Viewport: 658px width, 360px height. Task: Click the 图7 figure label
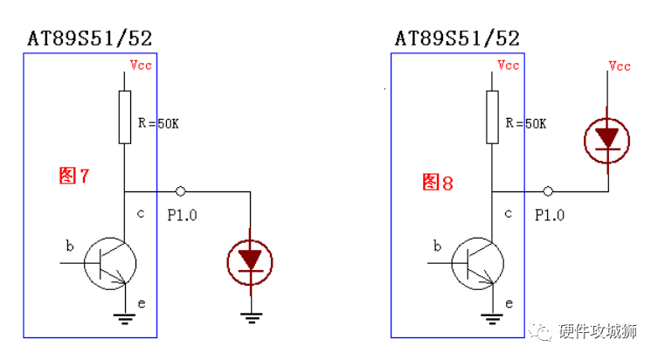coord(74,176)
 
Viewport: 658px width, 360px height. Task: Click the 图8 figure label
coord(437,182)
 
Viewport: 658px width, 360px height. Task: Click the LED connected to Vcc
coord(607,140)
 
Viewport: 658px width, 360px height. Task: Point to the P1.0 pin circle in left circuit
coord(180,190)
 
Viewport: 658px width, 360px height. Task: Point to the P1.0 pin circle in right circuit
coord(548,190)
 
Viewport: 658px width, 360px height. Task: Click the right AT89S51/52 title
coord(457,38)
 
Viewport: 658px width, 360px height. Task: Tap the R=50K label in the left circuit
coord(158,124)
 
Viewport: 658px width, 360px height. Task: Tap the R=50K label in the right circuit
coord(526,124)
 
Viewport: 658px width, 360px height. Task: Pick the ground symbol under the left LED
coord(251,317)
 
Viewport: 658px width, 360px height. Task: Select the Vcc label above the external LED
coord(620,66)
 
